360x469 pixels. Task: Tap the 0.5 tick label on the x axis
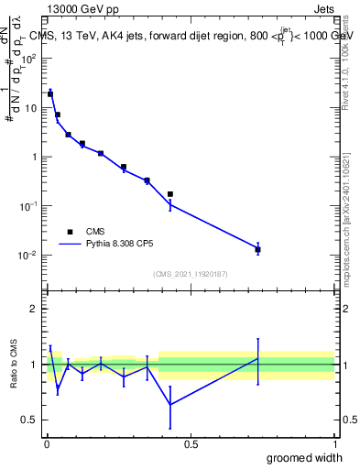[x=191, y=444]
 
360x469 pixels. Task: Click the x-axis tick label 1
[x=334, y=444]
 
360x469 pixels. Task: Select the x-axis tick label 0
[x=47, y=444]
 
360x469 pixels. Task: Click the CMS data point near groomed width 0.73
[x=257, y=249]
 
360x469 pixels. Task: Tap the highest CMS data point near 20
[x=50, y=93]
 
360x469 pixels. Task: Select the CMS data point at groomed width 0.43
[x=170, y=194]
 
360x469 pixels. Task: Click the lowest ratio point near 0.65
[x=170, y=404]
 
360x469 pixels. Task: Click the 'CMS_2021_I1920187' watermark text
[x=190, y=274]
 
